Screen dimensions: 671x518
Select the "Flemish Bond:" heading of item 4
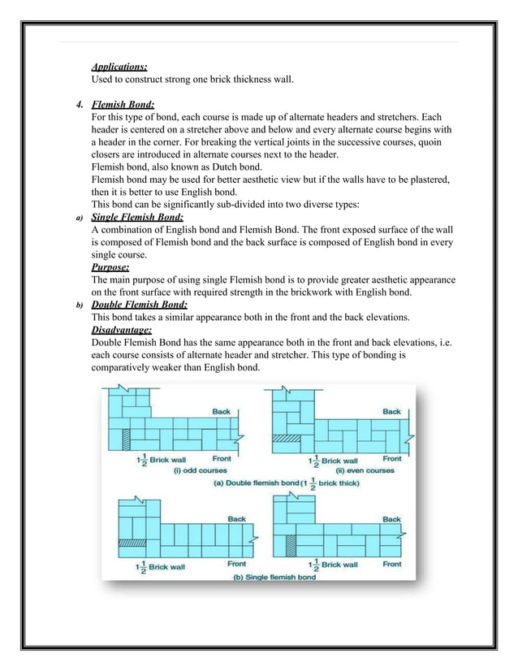click(x=123, y=105)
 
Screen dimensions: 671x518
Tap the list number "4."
click(x=80, y=105)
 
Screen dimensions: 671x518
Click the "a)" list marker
click(x=80, y=218)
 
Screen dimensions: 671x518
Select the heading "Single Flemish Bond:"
click(x=137, y=217)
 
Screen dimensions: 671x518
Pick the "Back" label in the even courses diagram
click(x=391, y=411)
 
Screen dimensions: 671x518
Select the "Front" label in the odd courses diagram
click(x=222, y=458)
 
